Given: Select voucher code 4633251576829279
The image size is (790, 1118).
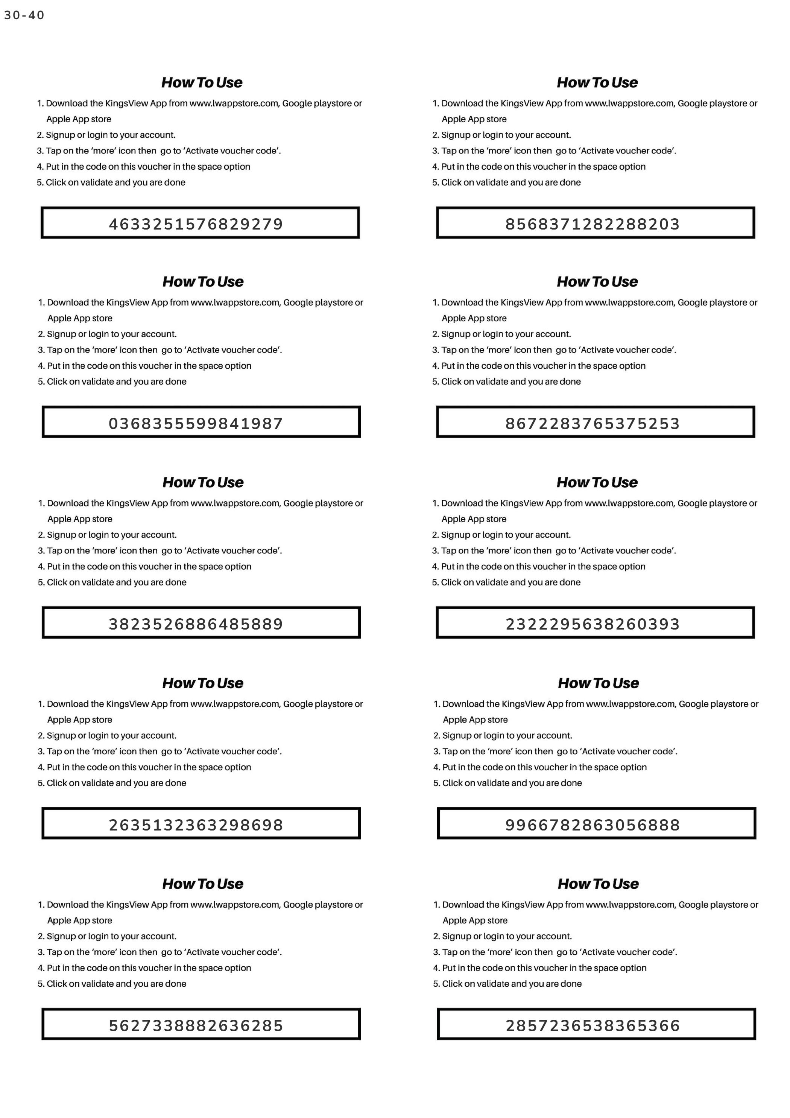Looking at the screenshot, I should [196, 224].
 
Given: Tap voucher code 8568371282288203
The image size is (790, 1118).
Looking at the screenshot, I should [592, 224].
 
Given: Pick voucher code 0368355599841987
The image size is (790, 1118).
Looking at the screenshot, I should [196, 423].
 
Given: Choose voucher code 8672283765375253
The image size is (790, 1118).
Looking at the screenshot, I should [592, 423].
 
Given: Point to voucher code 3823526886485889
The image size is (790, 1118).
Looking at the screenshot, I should [196, 624].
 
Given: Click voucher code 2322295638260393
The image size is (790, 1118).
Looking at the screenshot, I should [592, 624].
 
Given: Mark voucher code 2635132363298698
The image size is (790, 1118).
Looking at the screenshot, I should [196, 825].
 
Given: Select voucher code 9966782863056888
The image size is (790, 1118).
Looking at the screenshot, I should [592, 825].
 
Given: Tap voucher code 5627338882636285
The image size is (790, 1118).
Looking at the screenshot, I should [196, 1025].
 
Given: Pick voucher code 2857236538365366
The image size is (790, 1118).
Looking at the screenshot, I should [592, 1025].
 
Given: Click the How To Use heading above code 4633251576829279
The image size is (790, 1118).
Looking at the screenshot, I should [202, 82].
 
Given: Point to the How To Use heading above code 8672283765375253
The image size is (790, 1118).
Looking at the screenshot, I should [597, 281].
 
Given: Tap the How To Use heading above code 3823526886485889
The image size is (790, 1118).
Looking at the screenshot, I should [203, 482].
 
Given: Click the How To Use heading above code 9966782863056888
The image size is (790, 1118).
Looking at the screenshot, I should [598, 683].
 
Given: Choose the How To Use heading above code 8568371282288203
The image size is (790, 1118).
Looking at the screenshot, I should [597, 82].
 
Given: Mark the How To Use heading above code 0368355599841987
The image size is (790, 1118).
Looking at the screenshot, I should [203, 281].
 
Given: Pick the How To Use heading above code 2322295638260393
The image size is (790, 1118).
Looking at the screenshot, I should [597, 482].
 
